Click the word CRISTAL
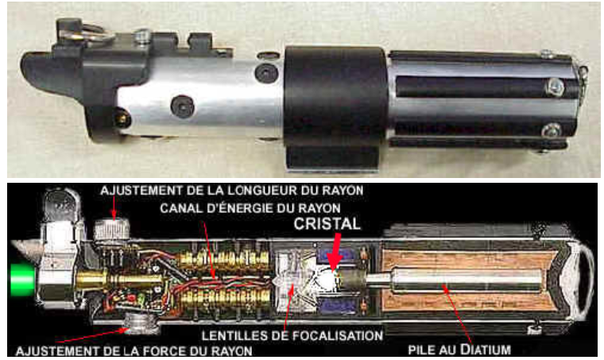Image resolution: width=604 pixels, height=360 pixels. coord(327,223)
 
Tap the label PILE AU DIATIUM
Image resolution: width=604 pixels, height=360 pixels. coord(459,350)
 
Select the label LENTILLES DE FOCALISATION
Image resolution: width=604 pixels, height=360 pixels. coord(292,335)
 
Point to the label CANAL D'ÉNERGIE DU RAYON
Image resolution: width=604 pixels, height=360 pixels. coord(250,208)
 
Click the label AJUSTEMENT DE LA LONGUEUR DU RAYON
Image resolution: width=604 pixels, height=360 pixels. coord(232,190)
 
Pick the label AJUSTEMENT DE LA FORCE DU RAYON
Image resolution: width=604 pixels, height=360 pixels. coord(134,350)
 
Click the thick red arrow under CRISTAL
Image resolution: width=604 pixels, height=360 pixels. coord(335,253)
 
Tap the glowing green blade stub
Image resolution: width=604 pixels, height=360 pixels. coord(22,281)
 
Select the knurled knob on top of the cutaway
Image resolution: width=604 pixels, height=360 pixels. coord(111,230)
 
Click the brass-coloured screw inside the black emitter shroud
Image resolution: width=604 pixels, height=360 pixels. coord(122,119)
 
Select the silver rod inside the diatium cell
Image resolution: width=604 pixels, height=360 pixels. coord(455,281)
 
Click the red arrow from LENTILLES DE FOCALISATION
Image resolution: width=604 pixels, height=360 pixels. coord(289,308)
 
